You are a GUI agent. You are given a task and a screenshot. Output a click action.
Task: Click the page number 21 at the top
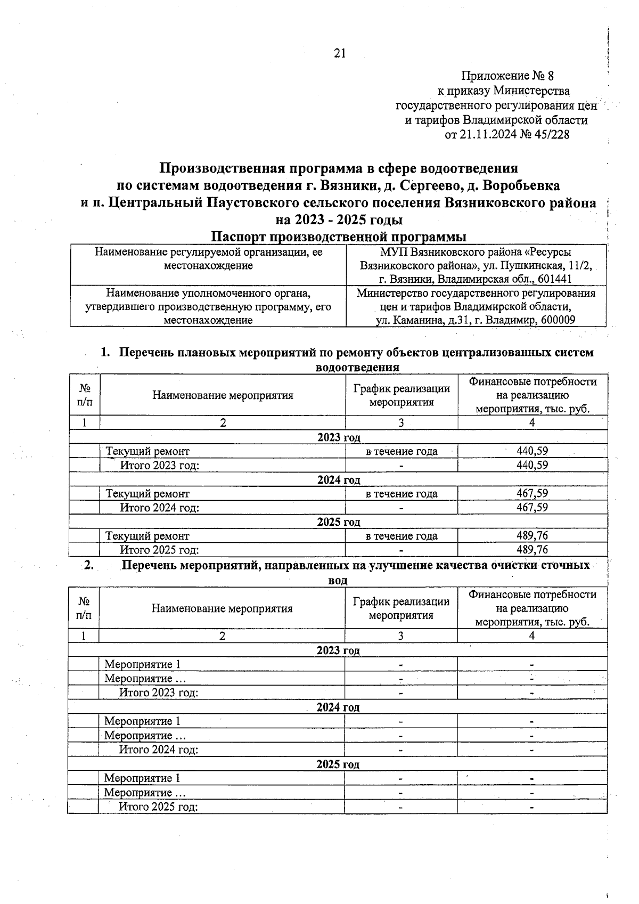click(x=340, y=53)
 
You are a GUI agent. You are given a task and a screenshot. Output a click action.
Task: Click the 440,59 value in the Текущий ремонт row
click(x=532, y=451)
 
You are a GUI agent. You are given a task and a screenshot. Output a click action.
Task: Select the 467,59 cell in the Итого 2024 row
click(x=532, y=507)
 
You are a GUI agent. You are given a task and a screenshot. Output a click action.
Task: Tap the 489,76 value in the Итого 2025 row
click(x=532, y=549)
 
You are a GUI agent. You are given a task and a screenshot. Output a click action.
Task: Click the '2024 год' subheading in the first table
click(x=339, y=479)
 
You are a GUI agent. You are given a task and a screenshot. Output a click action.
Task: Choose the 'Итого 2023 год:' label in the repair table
click(x=160, y=465)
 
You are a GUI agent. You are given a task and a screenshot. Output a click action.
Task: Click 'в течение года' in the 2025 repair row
click(x=401, y=536)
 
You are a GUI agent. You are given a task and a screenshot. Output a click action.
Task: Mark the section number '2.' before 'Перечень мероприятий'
click(x=89, y=565)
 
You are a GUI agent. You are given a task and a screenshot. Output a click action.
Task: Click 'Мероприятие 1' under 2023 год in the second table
click(x=142, y=664)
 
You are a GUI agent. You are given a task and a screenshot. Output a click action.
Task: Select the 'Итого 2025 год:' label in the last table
click(x=158, y=807)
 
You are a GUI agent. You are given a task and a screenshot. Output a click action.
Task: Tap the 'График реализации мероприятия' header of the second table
click(x=401, y=608)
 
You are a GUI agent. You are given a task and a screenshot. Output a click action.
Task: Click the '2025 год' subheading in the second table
click(x=338, y=764)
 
